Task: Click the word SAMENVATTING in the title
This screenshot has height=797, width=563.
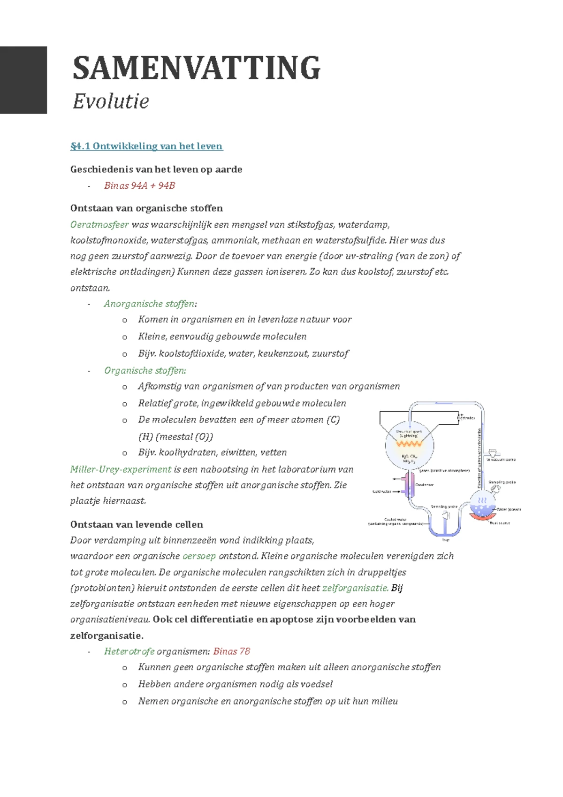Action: tap(197, 68)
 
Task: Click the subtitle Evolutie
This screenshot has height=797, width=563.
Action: tap(111, 101)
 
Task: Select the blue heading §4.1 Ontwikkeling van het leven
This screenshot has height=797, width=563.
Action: tap(146, 146)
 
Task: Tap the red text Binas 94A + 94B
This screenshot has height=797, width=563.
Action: tap(139, 186)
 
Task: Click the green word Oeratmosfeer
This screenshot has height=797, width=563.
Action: tap(99, 224)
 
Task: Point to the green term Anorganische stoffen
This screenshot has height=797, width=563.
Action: tap(149, 304)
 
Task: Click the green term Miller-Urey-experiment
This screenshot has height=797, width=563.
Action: tap(121, 469)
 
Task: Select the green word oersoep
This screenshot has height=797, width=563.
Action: tap(199, 556)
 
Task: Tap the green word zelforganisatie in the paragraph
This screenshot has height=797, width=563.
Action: tap(355, 588)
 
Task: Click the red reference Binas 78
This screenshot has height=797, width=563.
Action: tap(231, 651)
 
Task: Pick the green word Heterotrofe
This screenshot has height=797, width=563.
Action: tap(129, 651)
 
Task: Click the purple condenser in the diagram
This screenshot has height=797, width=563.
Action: tap(410, 485)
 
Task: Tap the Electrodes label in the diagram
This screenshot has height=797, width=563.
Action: tap(466, 418)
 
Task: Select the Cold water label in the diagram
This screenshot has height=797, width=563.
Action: tap(381, 492)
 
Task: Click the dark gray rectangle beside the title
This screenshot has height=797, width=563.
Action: tap(23, 80)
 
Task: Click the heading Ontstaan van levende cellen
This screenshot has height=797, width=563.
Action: tap(137, 525)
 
